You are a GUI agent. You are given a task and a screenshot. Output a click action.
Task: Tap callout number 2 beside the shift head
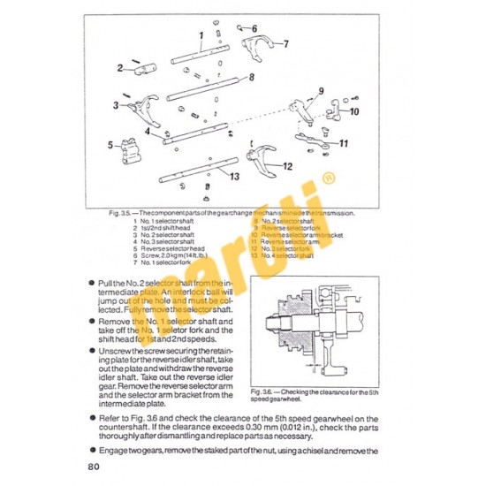(119, 66)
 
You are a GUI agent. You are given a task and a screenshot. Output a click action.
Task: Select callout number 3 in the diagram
(116, 105)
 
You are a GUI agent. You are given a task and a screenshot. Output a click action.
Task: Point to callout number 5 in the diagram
(110, 145)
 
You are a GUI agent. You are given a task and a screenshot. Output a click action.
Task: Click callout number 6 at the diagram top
(254, 29)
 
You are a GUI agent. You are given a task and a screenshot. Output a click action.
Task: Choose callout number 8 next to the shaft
(252, 78)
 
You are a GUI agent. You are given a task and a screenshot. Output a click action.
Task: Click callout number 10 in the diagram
(353, 111)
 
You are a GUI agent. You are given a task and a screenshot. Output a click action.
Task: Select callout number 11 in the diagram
(344, 142)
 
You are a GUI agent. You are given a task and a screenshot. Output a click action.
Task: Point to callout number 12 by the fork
(288, 165)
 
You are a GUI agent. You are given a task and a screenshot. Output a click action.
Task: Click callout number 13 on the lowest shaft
(233, 177)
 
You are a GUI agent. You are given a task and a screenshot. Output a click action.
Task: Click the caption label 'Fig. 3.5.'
(115, 212)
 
